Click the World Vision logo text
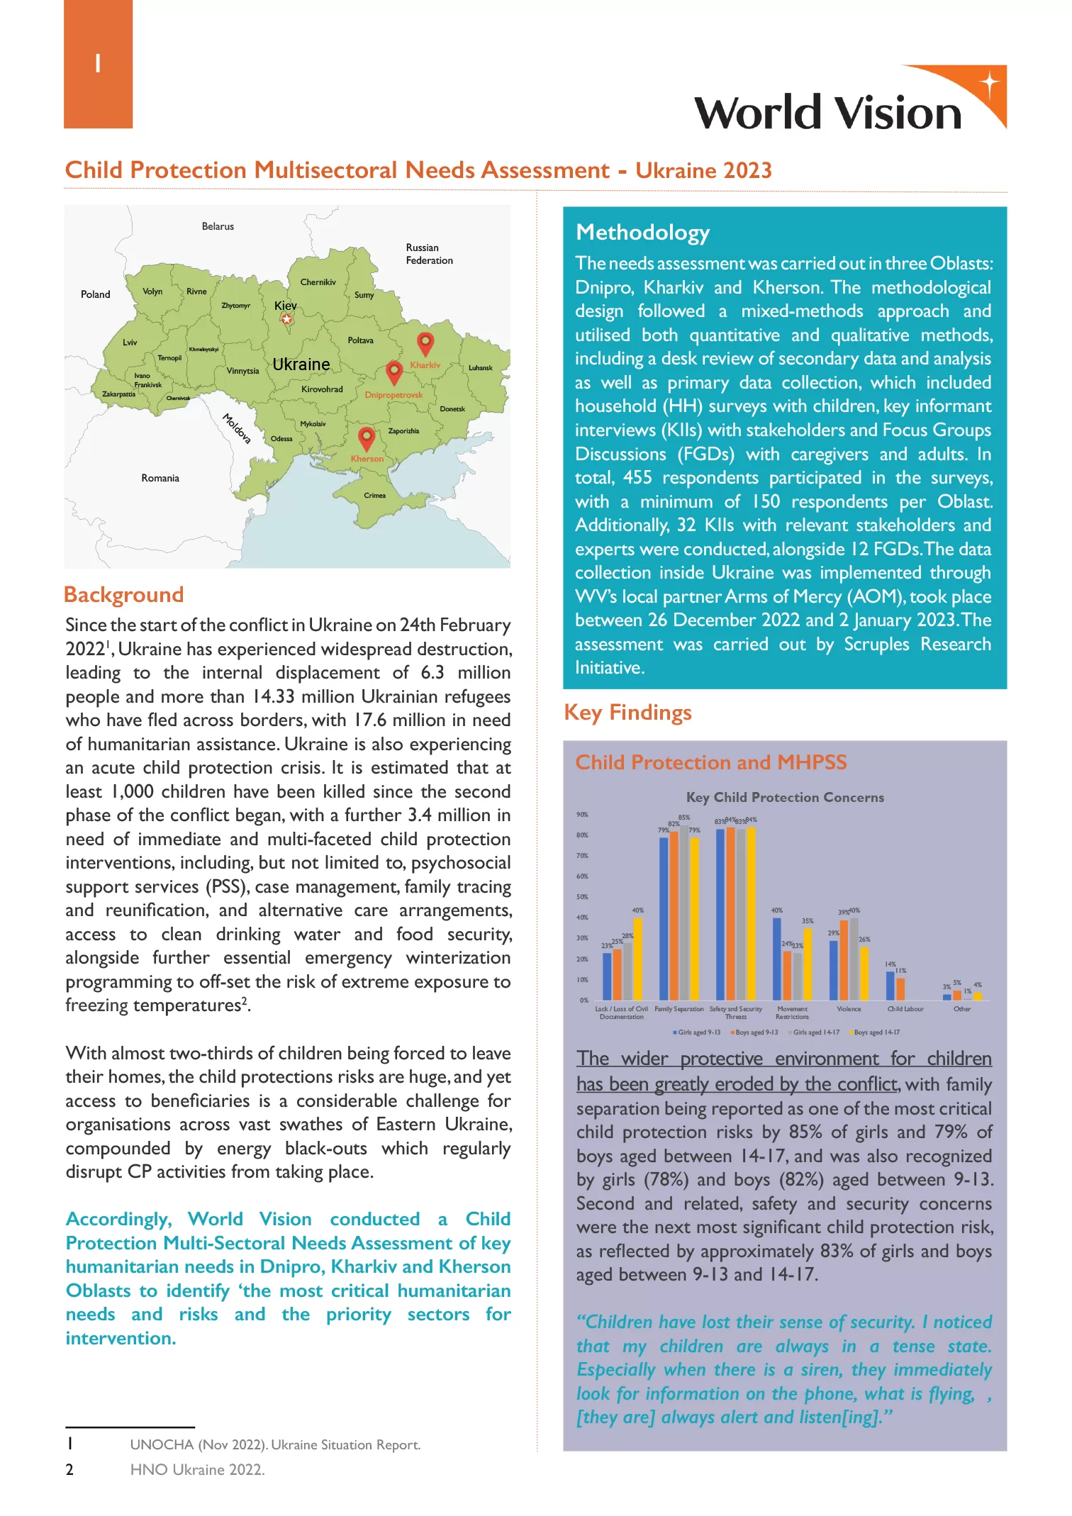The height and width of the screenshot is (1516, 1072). tap(827, 113)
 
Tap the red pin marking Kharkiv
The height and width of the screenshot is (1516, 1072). tap(425, 343)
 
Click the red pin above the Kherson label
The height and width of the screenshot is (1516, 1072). tap(367, 437)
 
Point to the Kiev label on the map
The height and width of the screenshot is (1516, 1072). tap(286, 306)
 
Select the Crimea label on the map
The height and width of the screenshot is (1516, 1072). tap(374, 496)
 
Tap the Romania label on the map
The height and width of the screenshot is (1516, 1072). tap(160, 478)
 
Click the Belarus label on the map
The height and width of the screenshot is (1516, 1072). tap(218, 226)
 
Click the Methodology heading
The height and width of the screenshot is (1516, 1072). tap(642, 233)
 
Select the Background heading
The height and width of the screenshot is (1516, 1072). tap(124, 594)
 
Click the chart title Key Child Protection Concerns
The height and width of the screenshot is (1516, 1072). tap(785, 797)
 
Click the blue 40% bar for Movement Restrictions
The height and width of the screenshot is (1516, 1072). tap(777, 959)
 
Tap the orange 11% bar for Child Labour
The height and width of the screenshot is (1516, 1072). tap(900, 988)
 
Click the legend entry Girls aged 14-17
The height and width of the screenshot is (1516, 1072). tap(816, 1032)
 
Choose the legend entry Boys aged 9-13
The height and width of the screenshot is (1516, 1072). tap(756, 1032)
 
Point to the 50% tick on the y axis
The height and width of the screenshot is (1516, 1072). tap(582, 897)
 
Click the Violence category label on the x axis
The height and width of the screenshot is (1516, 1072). tap(849, 1009)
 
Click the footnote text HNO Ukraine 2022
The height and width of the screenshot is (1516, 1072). tap(197, 1470)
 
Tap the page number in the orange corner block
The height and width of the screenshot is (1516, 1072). tap(98, 64)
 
